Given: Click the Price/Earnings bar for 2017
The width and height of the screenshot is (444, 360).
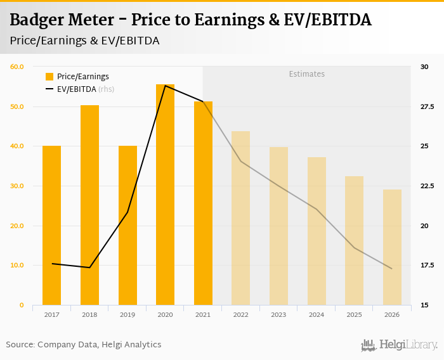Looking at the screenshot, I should pos(51,225).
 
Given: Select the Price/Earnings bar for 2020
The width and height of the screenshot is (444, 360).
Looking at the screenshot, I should pos(165,195).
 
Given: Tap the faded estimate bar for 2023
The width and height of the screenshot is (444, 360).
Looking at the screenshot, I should pos(278,226).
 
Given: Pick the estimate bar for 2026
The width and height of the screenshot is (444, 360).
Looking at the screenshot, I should pos(392,247).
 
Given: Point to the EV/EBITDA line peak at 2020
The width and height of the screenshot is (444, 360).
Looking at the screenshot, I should pos(165,86).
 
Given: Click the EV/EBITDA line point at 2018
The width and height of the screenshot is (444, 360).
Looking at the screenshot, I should pos(89,267).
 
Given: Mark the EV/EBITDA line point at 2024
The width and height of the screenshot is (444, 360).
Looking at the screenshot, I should pos(317,209).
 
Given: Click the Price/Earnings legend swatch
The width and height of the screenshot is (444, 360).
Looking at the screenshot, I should pos(49,77).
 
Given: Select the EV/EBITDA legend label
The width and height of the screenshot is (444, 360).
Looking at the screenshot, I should pos(76,89).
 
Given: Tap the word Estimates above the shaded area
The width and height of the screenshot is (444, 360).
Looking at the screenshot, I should pos(306,74).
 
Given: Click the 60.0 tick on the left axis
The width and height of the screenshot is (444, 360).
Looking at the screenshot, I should pos(16,67).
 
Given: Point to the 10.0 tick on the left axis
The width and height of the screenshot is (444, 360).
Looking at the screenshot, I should pos(16,266).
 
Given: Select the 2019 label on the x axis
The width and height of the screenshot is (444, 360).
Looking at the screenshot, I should pos(127,314).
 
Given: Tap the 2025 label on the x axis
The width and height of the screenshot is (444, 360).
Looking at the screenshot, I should pos(354,314).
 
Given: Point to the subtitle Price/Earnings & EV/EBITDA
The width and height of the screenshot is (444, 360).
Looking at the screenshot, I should pos(84,41).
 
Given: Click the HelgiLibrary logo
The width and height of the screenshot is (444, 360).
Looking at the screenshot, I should pos(399,345).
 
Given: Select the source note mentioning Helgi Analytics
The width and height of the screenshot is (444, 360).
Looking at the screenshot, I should pos(84,345).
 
